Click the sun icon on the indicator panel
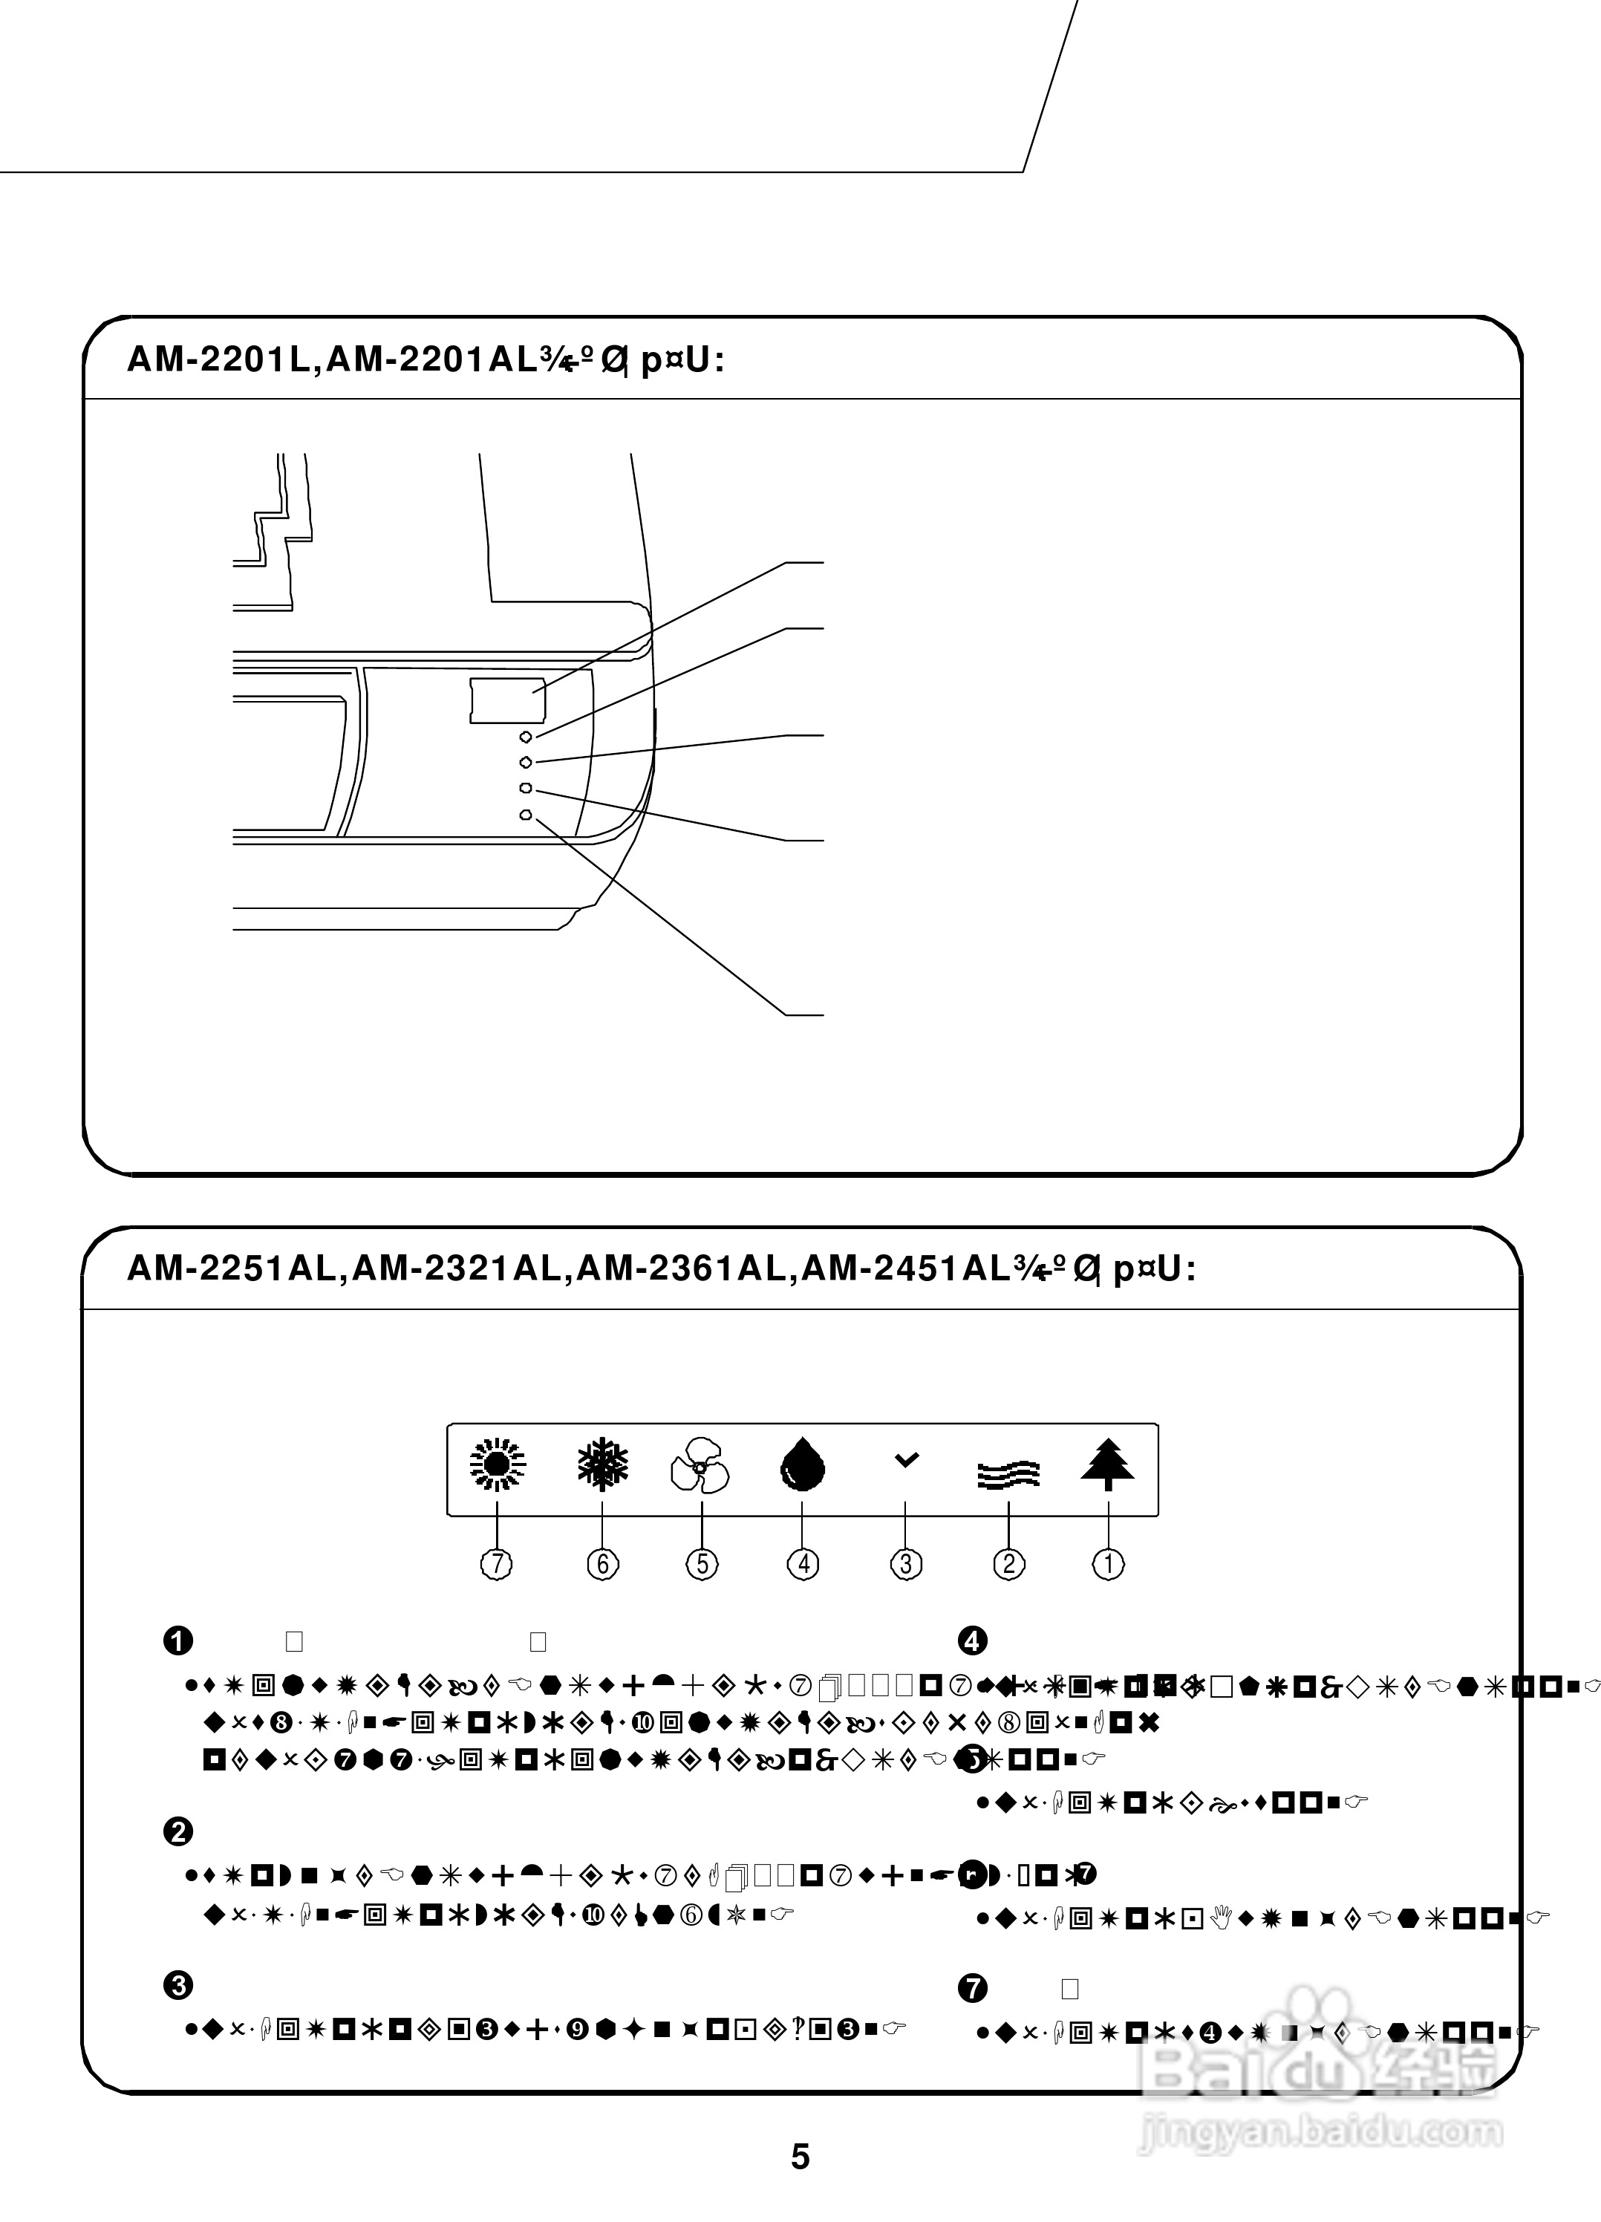coord(498,1466)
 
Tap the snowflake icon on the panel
coord(601,1466)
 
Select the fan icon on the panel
coord(700,1466)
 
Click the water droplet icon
coord(803,1466)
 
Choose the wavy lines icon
coord(1008,1474)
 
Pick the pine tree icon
coord(1108,1466)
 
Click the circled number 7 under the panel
coord(497,1563)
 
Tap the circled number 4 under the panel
coord(803,1563)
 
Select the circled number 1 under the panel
coord(1108,1563)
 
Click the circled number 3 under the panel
coord(905,1563)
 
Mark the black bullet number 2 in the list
coord(177,1831)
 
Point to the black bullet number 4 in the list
coord(972,1640)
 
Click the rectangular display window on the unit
coord(507,700)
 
